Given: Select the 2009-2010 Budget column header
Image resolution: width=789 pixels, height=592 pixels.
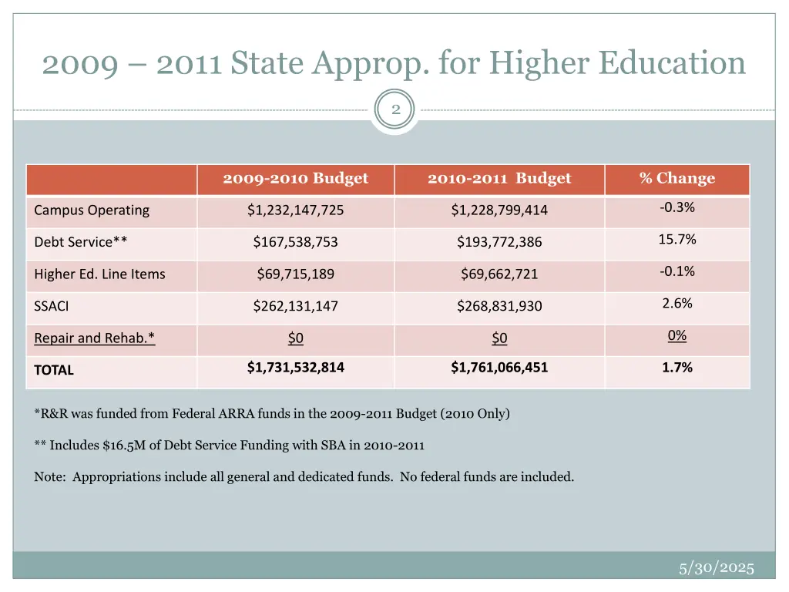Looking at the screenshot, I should point(295,179).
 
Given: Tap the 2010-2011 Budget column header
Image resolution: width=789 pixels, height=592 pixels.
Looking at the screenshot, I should point(499,179).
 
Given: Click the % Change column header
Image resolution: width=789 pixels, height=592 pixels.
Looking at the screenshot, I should point(677,179).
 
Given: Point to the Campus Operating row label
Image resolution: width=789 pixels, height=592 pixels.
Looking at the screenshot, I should point(92,210).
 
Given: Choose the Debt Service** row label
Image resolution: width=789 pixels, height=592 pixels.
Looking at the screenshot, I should point(81,242).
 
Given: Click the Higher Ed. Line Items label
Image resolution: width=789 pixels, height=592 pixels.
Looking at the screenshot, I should point(99,274).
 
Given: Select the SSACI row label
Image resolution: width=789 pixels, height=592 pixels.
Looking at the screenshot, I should point(52,306).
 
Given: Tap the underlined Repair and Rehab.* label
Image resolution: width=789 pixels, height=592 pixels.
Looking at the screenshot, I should point(95,338).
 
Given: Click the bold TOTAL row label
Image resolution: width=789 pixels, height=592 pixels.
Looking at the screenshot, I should point(54,370).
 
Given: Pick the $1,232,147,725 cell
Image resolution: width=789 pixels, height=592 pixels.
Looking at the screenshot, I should point(295,210).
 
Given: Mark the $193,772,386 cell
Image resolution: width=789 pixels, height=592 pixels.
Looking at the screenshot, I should point(499,242).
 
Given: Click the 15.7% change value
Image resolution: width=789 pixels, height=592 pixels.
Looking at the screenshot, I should point(677,240).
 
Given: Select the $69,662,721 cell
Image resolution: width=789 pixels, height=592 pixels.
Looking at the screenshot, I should point(499,274).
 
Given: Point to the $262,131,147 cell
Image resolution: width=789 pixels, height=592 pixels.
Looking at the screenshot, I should point(295,306).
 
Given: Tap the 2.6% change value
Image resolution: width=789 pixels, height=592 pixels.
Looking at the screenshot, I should point(677,304).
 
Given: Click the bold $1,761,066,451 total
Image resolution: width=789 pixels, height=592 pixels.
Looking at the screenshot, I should point(499,368).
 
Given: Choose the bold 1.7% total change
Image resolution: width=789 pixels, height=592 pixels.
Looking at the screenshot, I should point(677,368).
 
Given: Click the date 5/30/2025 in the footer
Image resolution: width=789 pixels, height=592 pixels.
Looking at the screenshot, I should point(716,568).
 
